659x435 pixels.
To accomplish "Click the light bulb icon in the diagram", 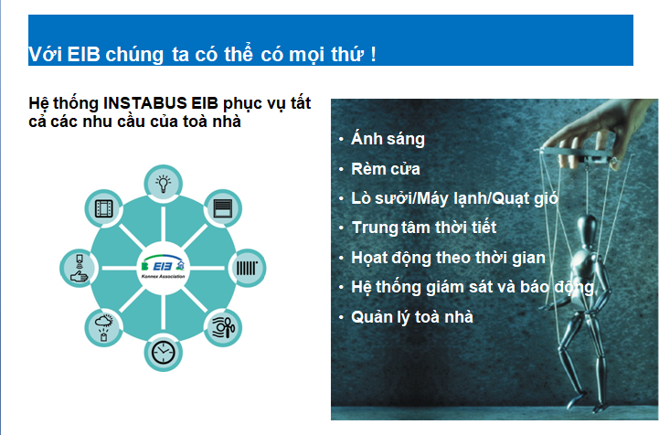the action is pos(163,184).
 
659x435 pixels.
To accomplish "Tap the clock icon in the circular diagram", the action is pos(163,352).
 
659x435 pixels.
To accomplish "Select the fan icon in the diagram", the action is pos(223,328).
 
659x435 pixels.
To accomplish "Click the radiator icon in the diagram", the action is pos(247,268).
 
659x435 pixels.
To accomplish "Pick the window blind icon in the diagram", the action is pos(223,208).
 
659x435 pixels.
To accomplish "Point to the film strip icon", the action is pos(104,208).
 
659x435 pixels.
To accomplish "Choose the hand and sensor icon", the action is pos(79,268).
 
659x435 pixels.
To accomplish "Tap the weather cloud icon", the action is pos(104,328).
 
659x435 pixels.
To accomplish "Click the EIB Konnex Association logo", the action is pos(163,267).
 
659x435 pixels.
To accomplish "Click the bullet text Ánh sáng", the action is pos(388,139).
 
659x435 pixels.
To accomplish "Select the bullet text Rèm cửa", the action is pos(386,169).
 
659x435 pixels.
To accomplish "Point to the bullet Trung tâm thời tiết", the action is pos(424,228).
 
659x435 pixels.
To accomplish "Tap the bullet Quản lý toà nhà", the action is pos(412,317).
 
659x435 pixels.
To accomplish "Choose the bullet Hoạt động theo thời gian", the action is pos(448,258).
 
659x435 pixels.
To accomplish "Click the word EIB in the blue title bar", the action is pos(83,55).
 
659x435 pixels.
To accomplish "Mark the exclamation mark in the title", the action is pos(373,55).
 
